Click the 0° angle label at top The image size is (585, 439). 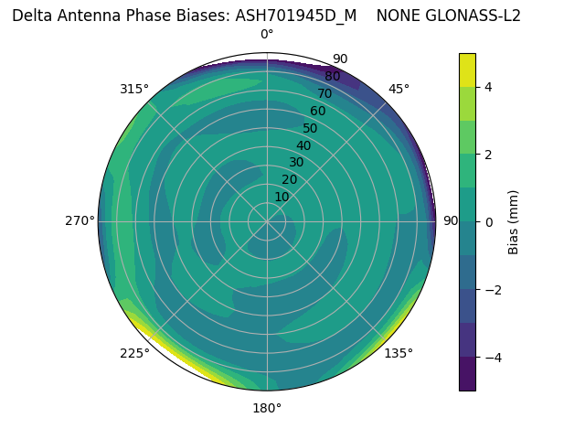tap(267, 35)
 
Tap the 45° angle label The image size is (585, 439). tap(399, 89)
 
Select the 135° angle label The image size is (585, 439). tap(399, 353)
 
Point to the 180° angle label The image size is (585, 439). tap(267, 408)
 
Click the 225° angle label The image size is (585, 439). tap(134, 354)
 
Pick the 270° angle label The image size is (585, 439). tap(80, 221)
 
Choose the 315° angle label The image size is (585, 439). tap(134, 89)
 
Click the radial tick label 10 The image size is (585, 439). tap(282, 197)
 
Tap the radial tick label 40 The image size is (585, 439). tap(303, 145)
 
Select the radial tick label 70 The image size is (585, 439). tap(324, 93)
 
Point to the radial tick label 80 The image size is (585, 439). tap(332, 76)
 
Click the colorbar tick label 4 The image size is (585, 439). tap(488, 87)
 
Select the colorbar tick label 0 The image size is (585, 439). tap(488, 221)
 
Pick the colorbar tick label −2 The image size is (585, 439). tap(492, 289)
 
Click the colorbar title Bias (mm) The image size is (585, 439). tap(514, 222)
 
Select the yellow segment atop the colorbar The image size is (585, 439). tap(467, 70)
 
